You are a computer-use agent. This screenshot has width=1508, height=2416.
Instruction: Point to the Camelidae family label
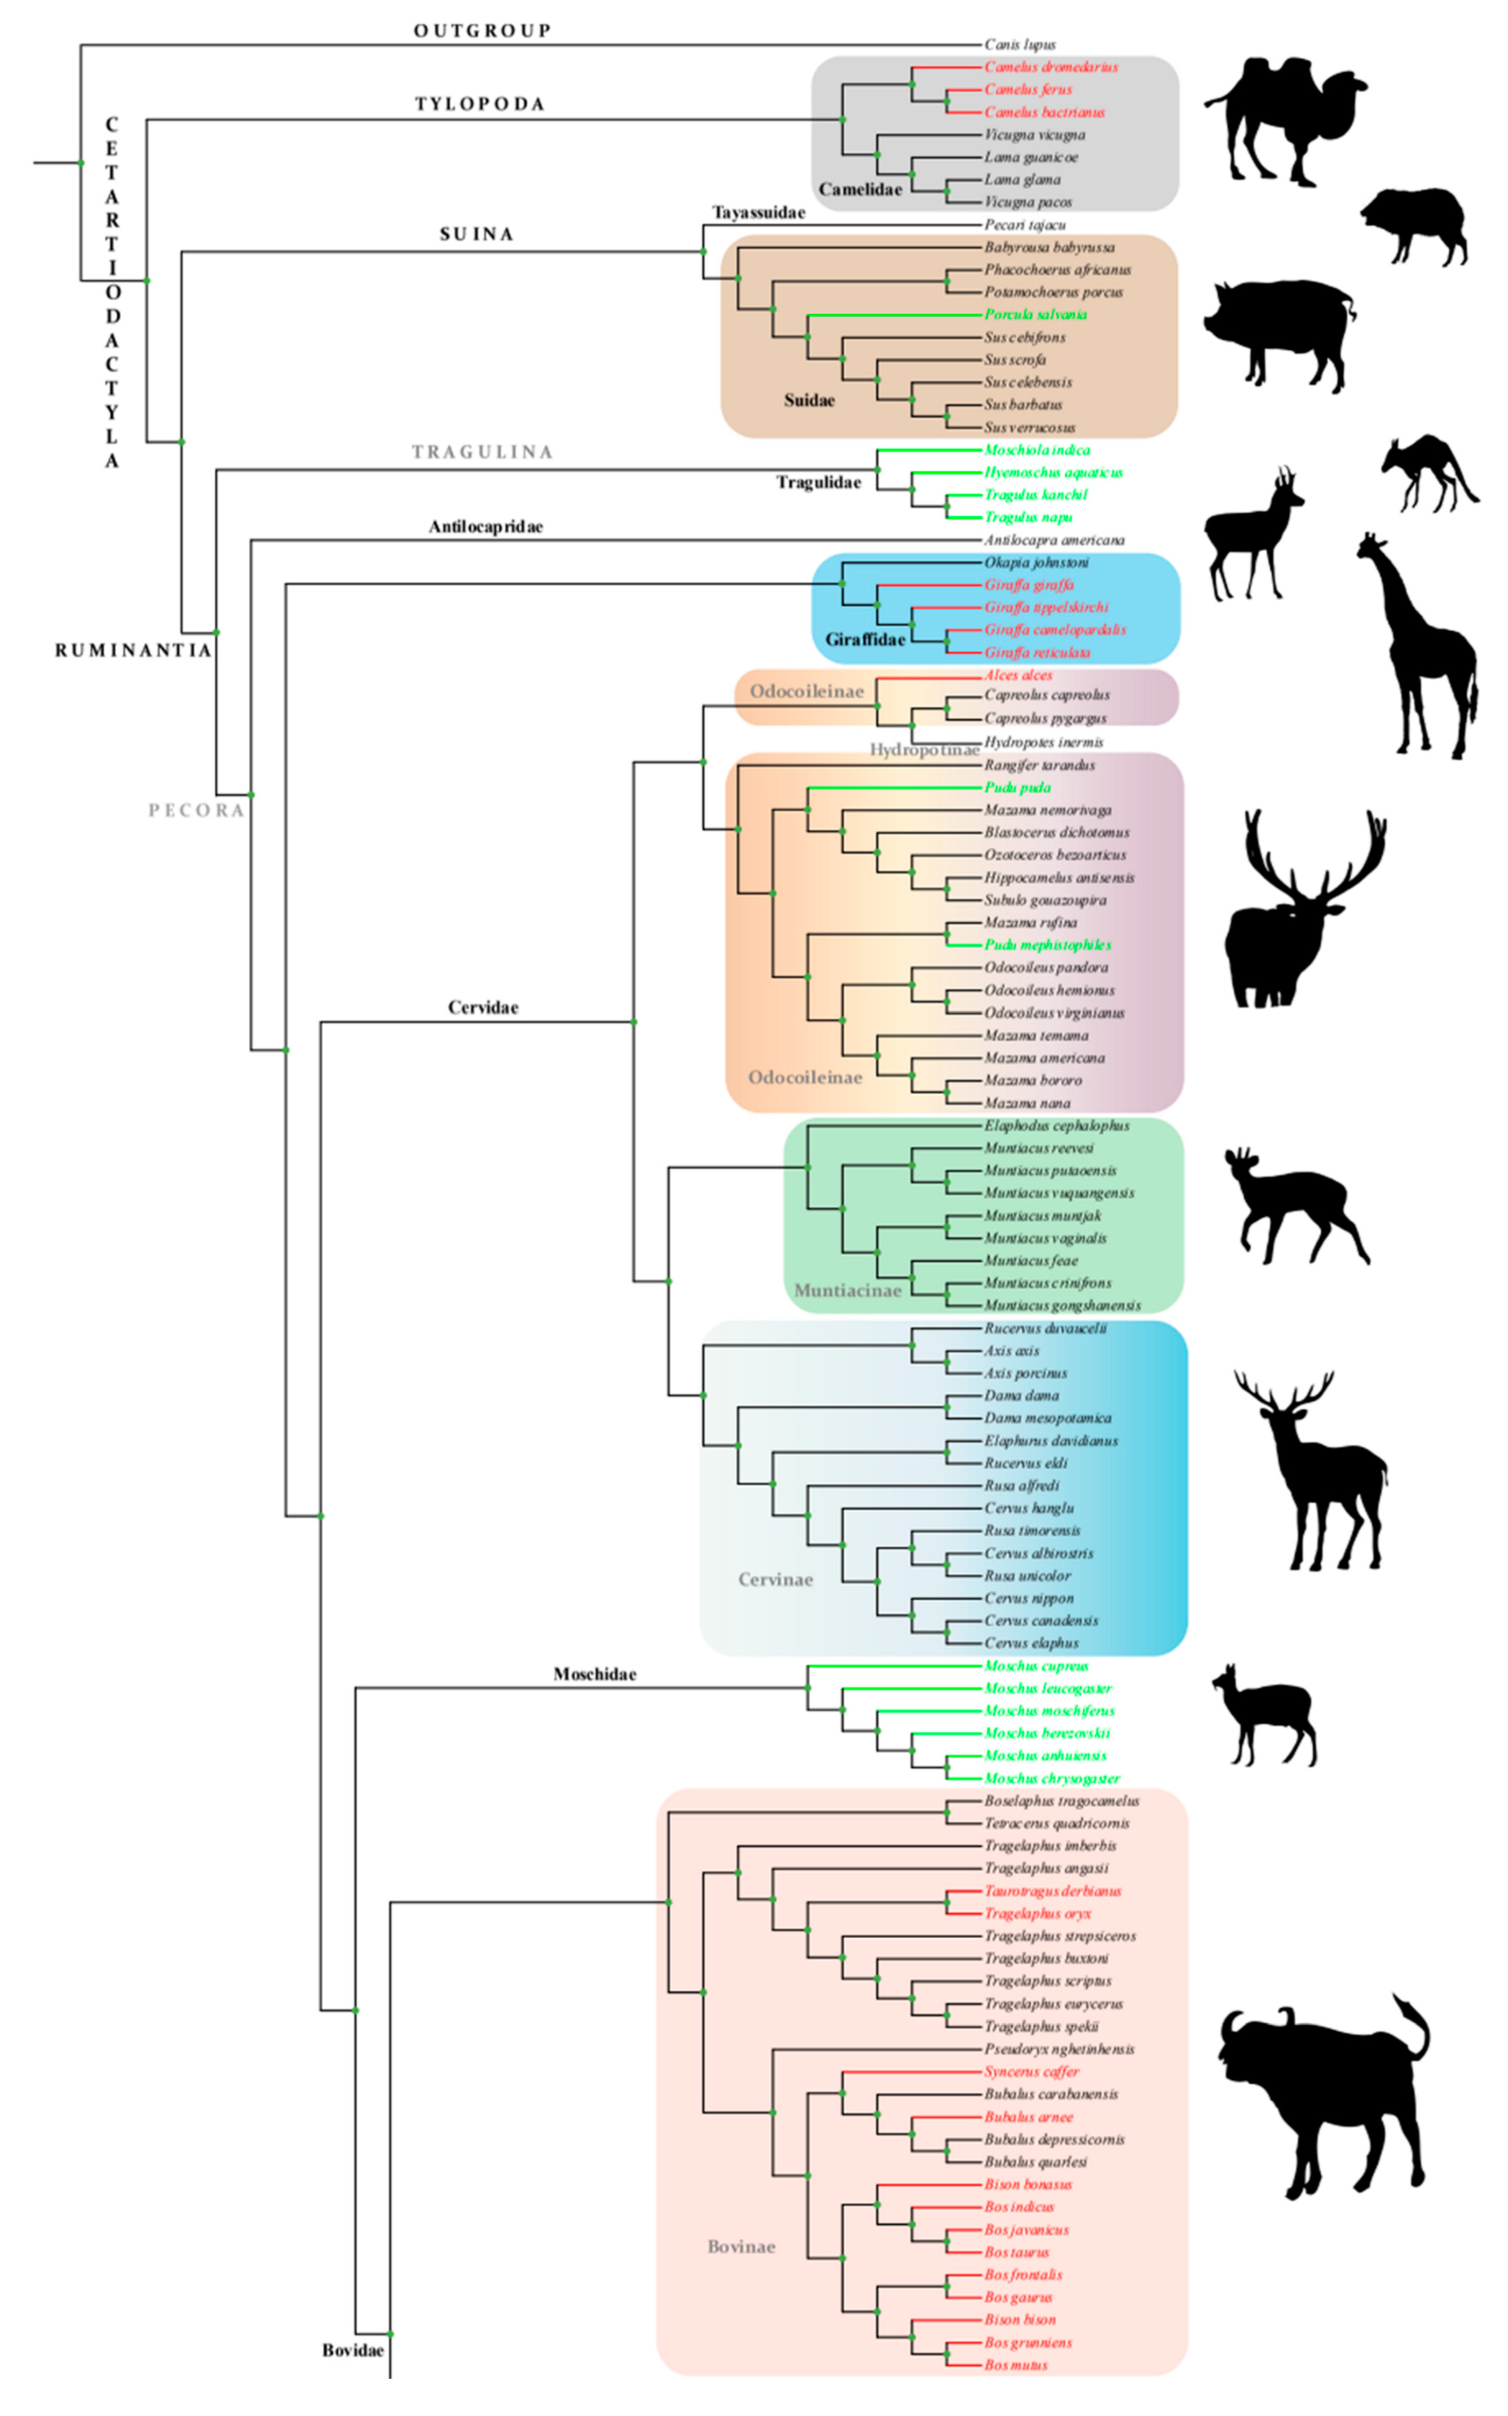coord(860,189)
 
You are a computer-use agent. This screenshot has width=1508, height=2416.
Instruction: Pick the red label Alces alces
coord(1017,675)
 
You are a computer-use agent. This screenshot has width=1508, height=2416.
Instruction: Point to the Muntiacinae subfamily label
coord(847,1290)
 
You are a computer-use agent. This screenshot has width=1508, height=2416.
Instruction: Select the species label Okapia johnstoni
coord(1036,563)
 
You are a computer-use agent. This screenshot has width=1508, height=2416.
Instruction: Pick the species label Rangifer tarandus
coord(1039,765)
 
